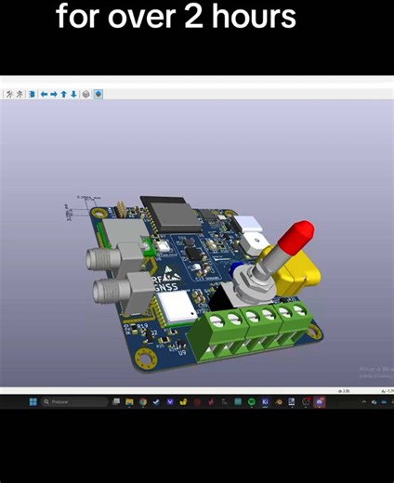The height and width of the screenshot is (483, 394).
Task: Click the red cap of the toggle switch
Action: (x=297, y=237)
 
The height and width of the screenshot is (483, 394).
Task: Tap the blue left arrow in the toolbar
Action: (x=44, y=94)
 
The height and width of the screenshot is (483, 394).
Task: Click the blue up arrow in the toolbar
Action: (x=63, y=94)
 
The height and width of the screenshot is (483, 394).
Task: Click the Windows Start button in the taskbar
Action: (x=33, y=402)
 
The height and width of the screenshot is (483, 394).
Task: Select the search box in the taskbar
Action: (x=74, y=402)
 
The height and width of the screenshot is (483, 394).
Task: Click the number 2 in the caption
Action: (x=194, y=17)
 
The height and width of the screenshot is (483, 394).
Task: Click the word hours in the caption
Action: (x=253, y=17)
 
